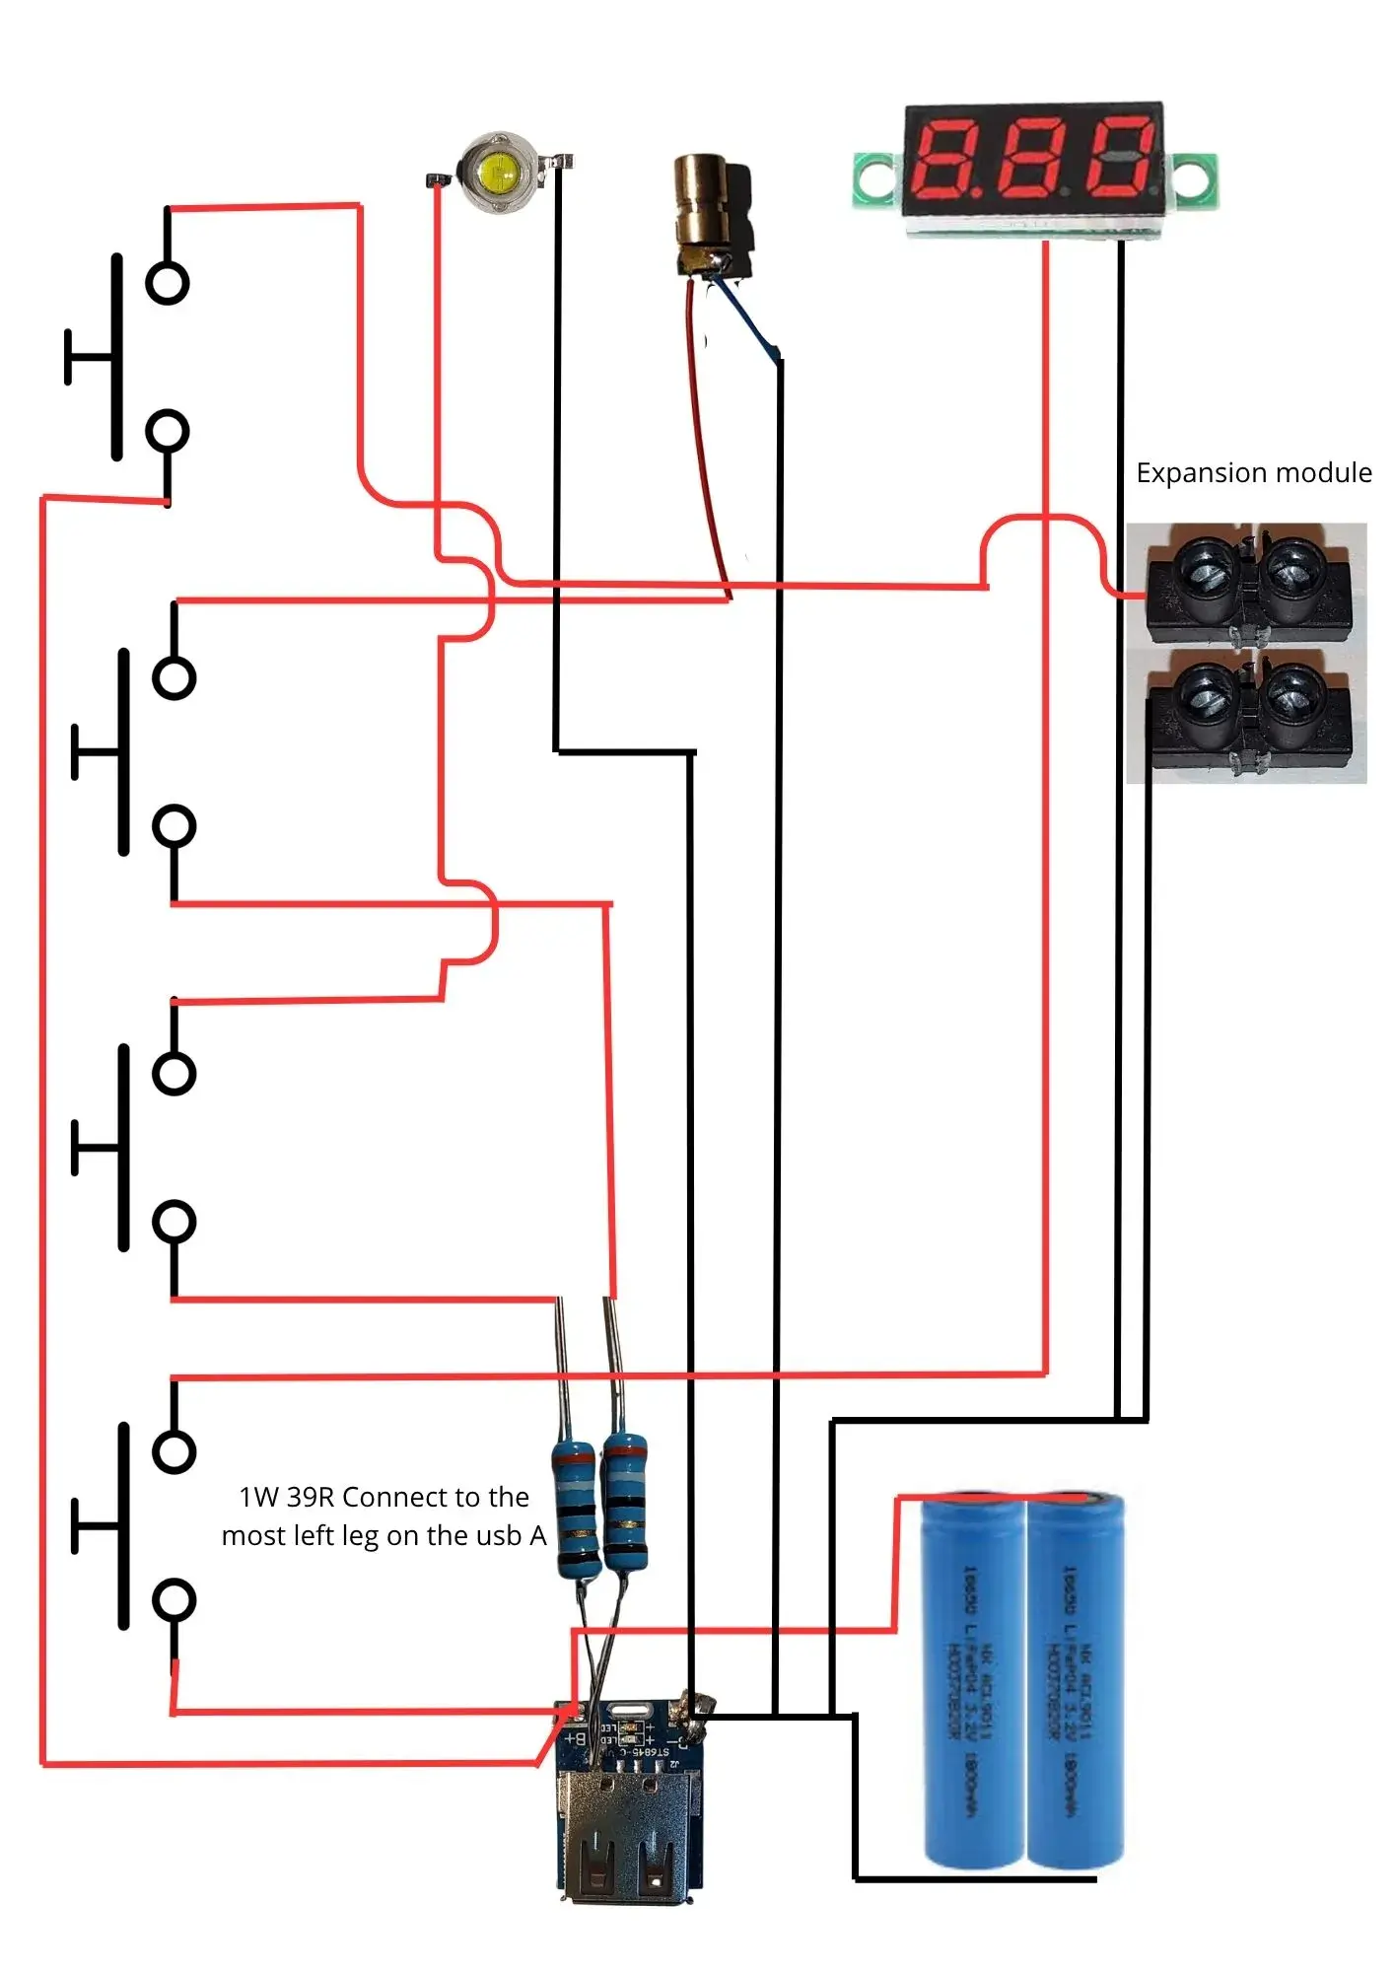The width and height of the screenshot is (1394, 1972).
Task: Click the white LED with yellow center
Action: (499, 174)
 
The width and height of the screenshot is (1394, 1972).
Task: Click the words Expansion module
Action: (1253, 473)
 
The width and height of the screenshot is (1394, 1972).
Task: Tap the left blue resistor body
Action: (576, 1509)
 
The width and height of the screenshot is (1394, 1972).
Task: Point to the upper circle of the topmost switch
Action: (167, 283)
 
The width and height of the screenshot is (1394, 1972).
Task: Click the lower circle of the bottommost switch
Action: (174, 1600)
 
